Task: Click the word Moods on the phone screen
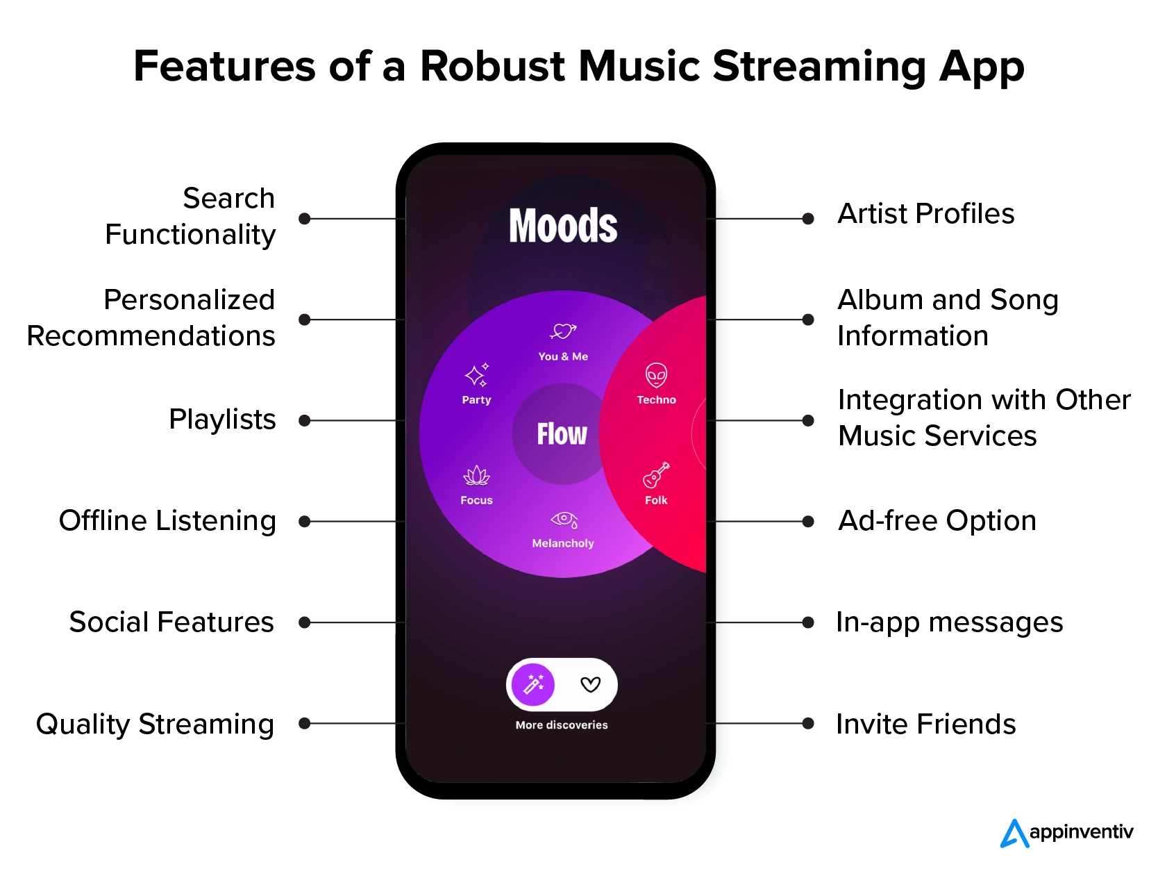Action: (563, 225)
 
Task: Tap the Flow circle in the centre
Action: (562, 433)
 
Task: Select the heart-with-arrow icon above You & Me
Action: (563, 331)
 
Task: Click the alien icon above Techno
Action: (656, 375)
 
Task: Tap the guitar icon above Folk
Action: (656, 475)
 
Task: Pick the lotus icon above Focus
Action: (476, 475)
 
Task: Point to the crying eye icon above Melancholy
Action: (564, 520)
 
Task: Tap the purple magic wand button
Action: (533, 684)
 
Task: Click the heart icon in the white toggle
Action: (590, 684)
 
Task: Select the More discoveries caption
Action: (562, 725)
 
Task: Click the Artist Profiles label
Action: (926, 214)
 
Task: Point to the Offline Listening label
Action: (167, 521)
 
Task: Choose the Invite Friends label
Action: (926, 723)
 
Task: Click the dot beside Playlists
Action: (304, 420)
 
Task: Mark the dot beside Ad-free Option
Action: (807, 521)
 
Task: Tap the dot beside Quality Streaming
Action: (304, 723)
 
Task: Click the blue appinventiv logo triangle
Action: (1014, 834)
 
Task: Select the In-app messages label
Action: (950, 622)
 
